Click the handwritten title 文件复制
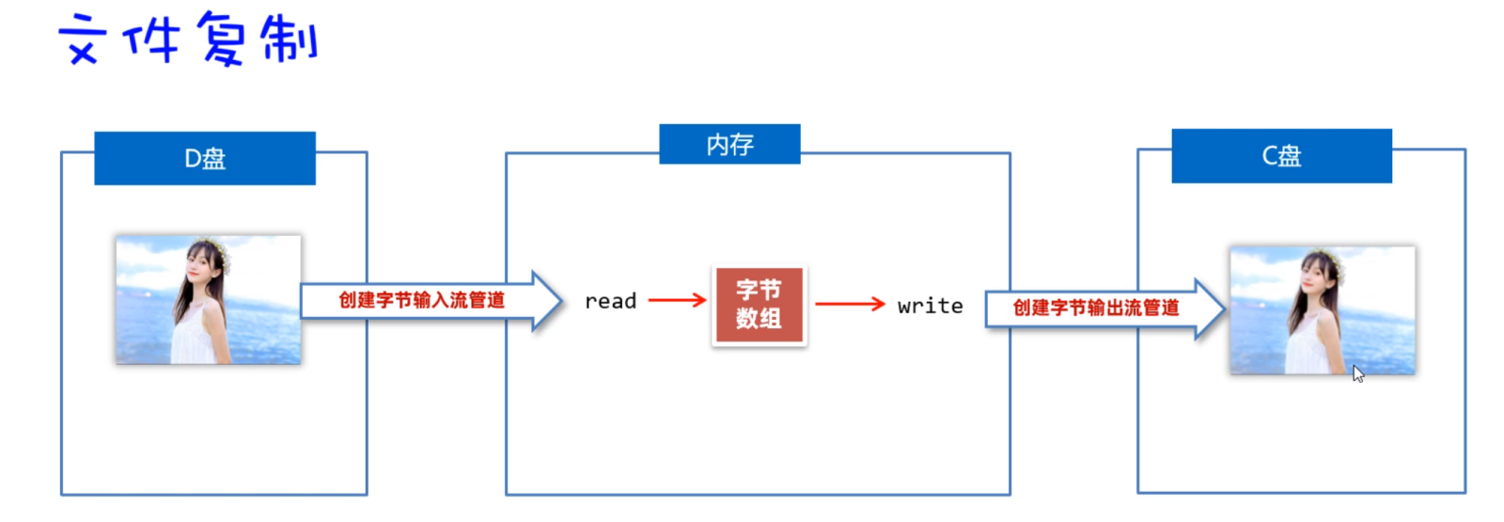pyautogui.click(x=188, y=39)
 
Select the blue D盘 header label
pyautogui.click(x=205, y=159)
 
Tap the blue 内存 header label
pyautogui.click(x=729, y=144)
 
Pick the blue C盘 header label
pyautogui.click(x=1282, y=156)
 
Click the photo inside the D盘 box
pyautogui.click(x=208, y=300)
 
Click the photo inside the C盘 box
pyautogui.click(x=1323, y=310)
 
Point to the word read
pyautogui.click(x=610, y=302)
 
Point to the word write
pyautogui.click(x=930, y=307)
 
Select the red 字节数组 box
pyautogui.click(x=760, y=305)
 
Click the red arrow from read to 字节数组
pyautogui.click(x=678, y=300)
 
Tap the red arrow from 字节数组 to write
pyautogui.click(x=850, y=305)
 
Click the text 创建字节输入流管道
pyautogui.click(x=421, y=300)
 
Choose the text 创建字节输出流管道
pyautogui.click(x=1096, y=308)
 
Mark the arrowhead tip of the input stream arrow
pyautogui.click(x=561, y=301)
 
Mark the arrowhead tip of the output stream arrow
pyautogui.click(x=1226, y=309)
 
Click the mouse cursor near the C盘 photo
pyautogui.click(x=1357, y=373)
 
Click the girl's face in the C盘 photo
pyautogui.click(x=1314, y=274)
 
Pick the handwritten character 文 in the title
pyautogui.click(x=84, y=39)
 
